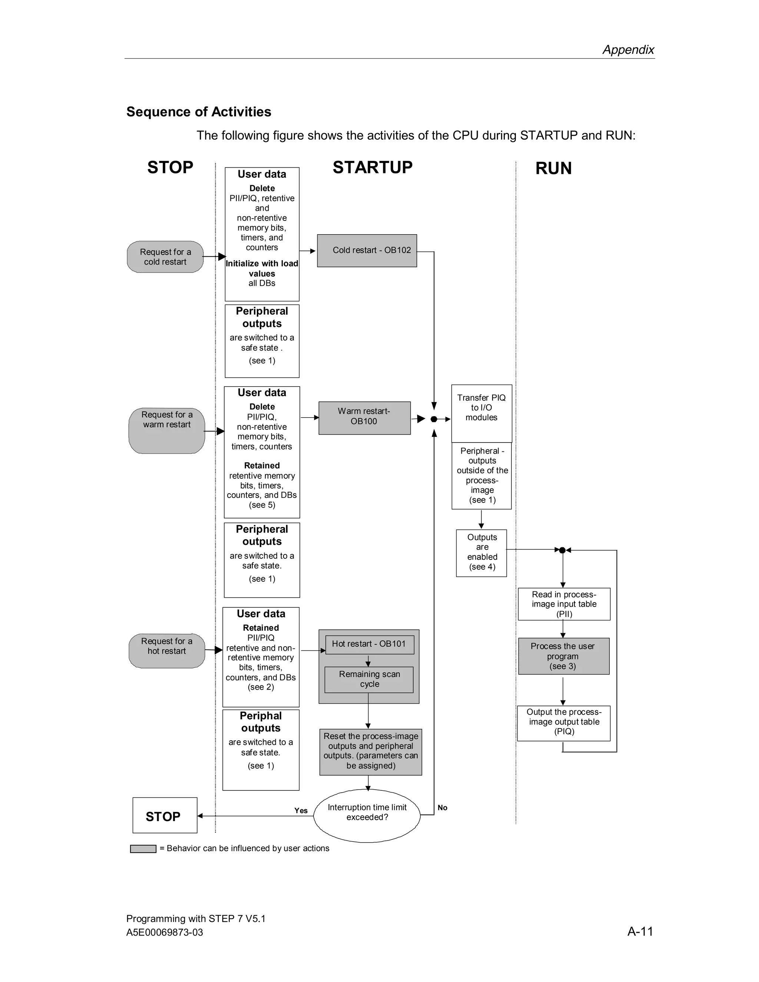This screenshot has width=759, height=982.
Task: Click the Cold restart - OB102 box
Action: (367, 251)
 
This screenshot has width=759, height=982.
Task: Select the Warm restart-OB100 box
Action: (364, 418)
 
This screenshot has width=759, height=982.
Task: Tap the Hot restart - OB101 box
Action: (369, 644)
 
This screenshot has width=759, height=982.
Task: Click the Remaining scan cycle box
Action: (369, 679)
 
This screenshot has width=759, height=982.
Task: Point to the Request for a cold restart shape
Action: (165, 257)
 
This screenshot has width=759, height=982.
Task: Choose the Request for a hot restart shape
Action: (167, 651)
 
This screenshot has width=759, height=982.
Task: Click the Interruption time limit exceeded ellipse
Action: (367, 816)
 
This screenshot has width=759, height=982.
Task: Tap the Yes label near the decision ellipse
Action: (301, 810)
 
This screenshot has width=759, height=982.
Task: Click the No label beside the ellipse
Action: (443, 807)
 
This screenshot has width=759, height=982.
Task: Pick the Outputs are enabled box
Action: (481, 553)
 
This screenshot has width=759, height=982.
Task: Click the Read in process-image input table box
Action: (564, 604)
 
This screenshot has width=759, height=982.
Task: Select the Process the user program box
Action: (563, 656)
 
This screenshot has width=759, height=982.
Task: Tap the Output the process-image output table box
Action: (564, 723)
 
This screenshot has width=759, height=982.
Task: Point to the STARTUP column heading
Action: (372, 167)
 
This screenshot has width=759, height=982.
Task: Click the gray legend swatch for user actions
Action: (143, 849)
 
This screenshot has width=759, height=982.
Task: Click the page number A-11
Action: (640, 931)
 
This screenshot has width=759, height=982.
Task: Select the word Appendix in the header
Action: (628, 49)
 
